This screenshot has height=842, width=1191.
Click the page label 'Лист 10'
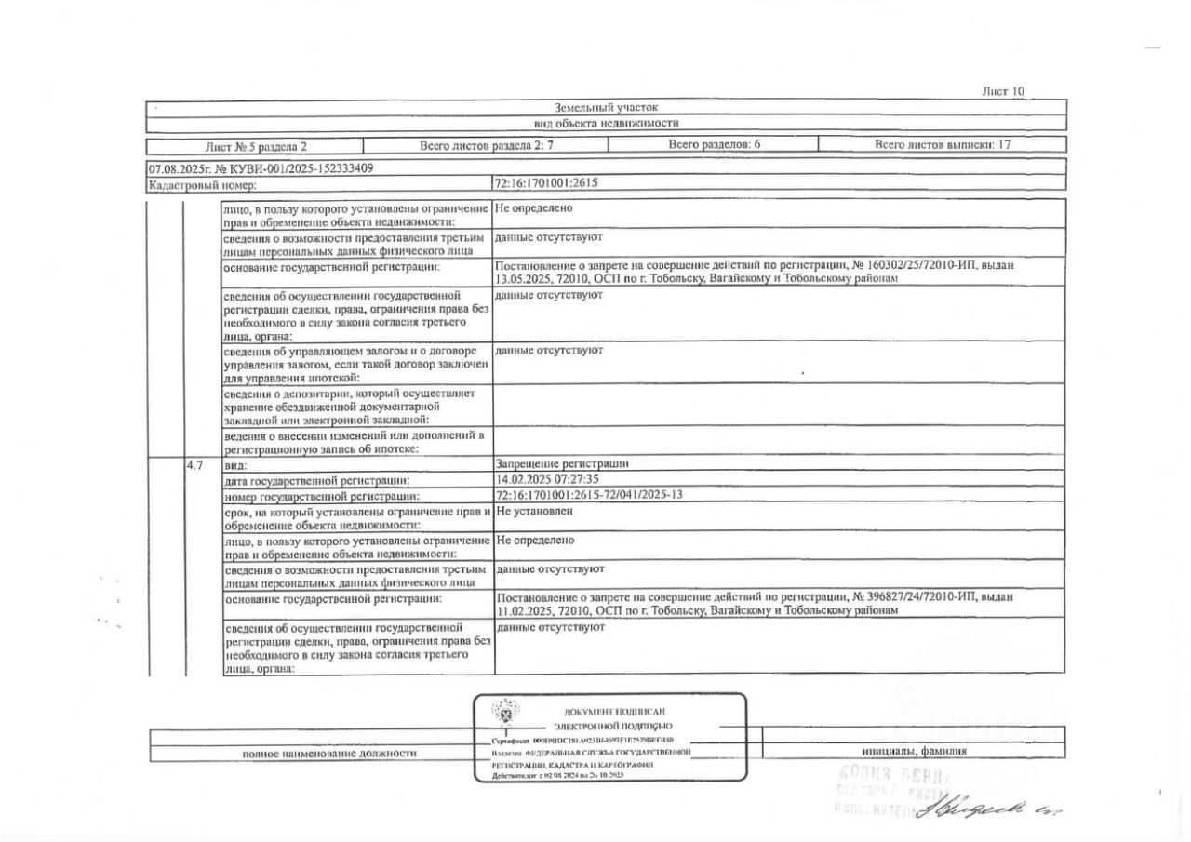1003,91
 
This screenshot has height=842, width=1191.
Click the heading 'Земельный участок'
606,108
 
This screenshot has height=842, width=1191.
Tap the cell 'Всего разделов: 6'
715,145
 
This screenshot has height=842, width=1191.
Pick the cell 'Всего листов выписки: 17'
943,145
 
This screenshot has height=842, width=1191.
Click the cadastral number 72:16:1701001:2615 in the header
547,183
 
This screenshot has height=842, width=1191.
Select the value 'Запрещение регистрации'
563,463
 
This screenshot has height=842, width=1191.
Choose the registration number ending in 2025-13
590,495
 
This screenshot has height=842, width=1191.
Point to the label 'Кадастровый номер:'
195,184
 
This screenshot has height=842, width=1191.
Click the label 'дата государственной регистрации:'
316,480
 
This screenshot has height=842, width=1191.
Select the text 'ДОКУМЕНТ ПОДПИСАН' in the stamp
615,712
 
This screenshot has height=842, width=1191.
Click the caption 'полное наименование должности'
328,753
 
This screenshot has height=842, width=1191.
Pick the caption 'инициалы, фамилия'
914,752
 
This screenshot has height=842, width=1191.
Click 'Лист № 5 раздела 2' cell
256,146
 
